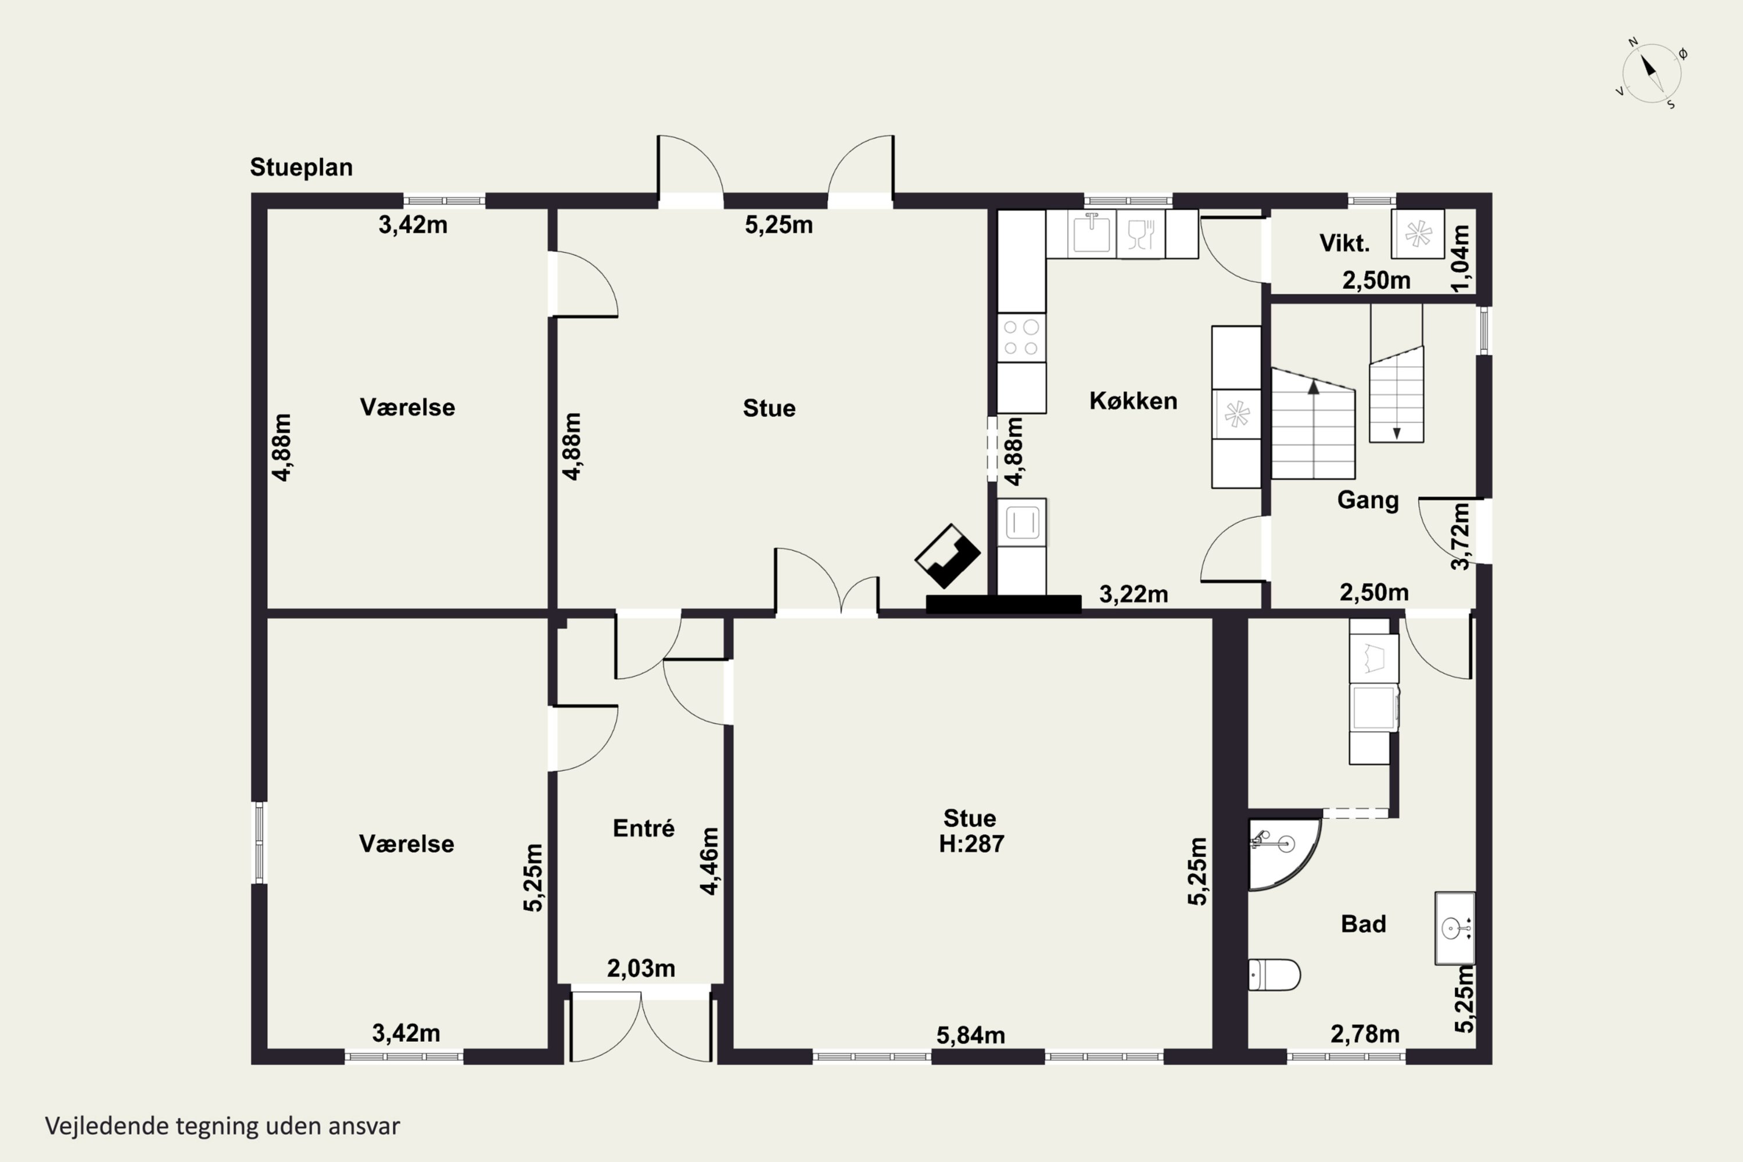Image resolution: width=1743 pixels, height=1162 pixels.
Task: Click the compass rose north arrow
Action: [x=1649, y=67]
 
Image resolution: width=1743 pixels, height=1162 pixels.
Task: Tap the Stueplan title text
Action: [x=301, y=167]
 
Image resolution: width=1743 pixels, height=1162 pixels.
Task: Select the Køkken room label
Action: [x=1133, y=401]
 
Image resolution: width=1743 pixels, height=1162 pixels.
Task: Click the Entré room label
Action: [x=643, y=828]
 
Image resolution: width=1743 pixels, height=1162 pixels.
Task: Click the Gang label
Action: [x=1368, y=500]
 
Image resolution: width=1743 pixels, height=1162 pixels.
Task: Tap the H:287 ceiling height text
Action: [x=971, y=844]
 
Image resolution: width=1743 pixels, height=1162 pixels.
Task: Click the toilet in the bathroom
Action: [x=1275, y=974]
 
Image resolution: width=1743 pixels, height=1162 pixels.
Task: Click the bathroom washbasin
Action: [x=1455, y=928]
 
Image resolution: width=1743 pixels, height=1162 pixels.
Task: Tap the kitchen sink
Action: [x=1092, y=233]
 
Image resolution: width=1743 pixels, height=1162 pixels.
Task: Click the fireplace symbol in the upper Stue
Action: [x=948, y=556]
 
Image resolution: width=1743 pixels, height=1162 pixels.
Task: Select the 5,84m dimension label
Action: [x=971, y=1035]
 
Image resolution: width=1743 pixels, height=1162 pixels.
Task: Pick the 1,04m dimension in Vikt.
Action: [x=1460, y=258]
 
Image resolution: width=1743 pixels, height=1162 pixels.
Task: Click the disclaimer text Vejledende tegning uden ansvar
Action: [x=223, y=1126]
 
